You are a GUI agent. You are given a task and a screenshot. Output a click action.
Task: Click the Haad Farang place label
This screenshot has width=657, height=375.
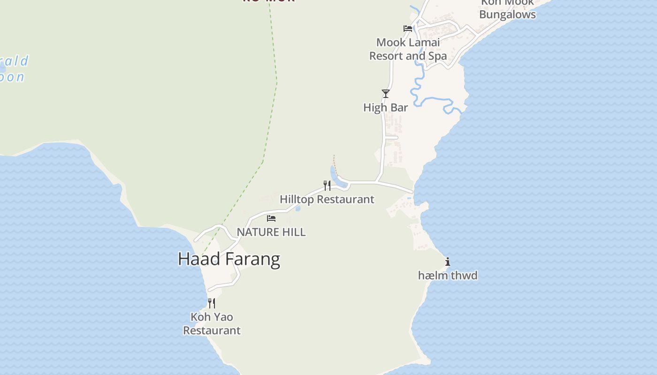pyautogui.click(x=229, y=259)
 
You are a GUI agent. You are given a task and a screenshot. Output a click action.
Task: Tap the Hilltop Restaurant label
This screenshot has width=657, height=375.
pyautogui.click(x=327, y=199)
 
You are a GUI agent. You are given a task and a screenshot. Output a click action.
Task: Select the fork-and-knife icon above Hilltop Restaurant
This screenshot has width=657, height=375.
pyautogui.click(x=327, y=186)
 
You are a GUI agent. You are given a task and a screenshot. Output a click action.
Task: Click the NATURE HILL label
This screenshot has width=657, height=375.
pyautogui.click(x=271, y=232)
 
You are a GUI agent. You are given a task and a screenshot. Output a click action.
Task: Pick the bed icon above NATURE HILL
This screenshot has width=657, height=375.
pyautogui.click(x=271, y=218)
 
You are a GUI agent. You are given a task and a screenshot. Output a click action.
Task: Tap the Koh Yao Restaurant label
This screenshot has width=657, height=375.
pyautogui.click(x=212, y=323)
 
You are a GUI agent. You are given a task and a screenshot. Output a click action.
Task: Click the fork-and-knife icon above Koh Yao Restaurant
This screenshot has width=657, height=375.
pyautogui.click(x=212, y=303)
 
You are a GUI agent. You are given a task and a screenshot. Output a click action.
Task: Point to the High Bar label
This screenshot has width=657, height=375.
pyautogui.click(x=385, y=107)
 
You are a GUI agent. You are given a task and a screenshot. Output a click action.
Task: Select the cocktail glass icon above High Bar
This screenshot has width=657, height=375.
pyautogui.click(x=386, y=94)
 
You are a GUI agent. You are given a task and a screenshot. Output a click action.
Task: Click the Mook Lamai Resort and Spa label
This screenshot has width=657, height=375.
pyautogui.click(x=408, y=49)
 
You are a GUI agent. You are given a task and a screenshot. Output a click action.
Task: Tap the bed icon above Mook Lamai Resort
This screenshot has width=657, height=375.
pyautogui.click(x=408, y=29)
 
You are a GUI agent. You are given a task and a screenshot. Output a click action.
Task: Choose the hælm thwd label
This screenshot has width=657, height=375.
pyautogui.click(x=447, y=276)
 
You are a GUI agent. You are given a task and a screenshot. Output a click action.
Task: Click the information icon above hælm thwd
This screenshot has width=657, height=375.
pyautogui.click(x=448, y=262)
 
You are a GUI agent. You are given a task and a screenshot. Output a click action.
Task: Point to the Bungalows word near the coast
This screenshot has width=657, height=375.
pyautogui.click(x=507, y=15)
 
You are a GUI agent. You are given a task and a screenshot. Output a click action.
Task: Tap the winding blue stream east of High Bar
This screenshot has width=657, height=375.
pyautogui.click(x=432, y=99)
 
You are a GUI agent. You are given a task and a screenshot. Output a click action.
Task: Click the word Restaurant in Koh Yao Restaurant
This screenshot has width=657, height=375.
pyautogui.click(x=212, y=330)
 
